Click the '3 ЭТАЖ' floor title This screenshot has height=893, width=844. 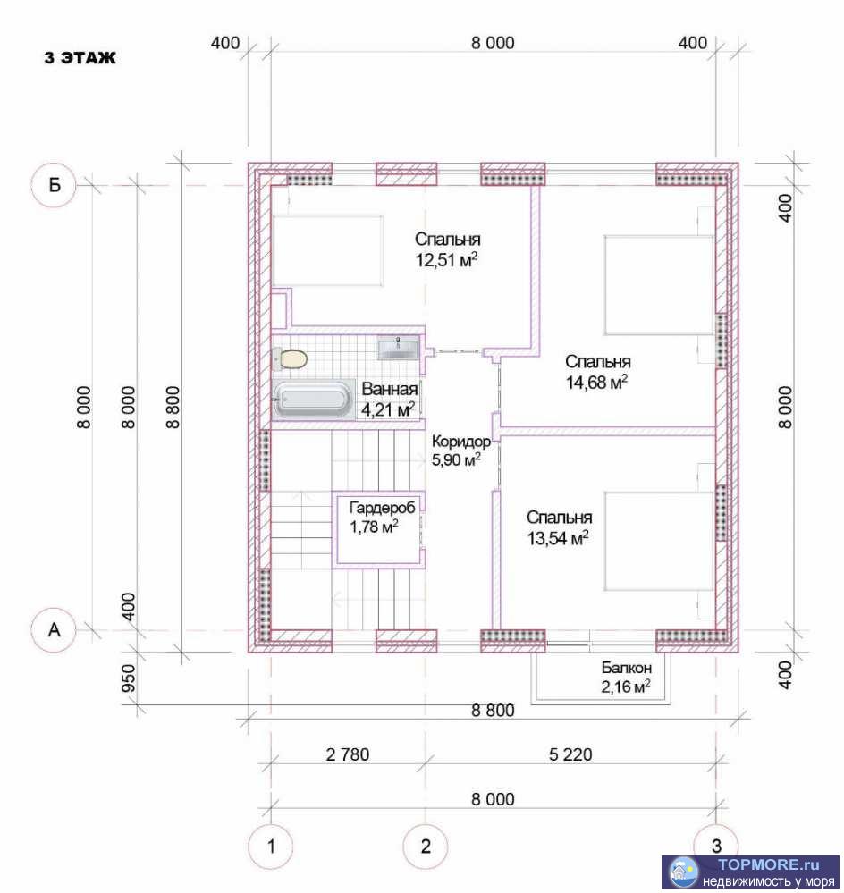(x=80, y=59)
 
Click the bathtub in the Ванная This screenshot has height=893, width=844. (x=312, y=400)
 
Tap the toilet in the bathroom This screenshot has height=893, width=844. (x=290, y=358)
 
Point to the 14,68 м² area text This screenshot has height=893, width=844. (x=597, y=383)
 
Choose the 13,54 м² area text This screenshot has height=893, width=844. (x=559, y=538)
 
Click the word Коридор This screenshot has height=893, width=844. (x=460, y=442)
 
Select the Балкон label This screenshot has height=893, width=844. (x=626, y=668)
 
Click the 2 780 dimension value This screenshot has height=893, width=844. (x=348, y=755)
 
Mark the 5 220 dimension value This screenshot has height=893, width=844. (x=570, y=755)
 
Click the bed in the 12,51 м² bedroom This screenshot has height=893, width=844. (x=329, y=249)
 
